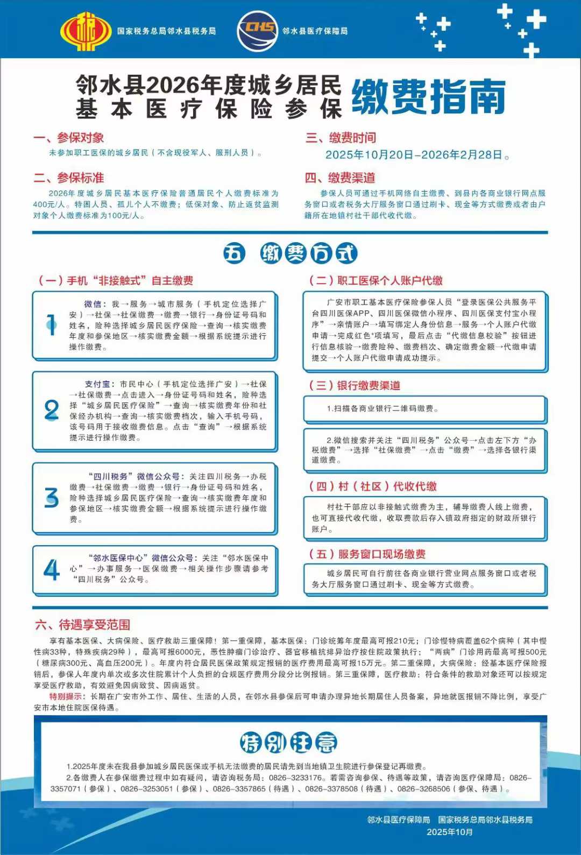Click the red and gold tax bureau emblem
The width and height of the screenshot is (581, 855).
[86, 31]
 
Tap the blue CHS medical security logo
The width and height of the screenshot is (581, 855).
[257, 31]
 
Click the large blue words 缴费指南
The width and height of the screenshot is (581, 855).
[429, 97]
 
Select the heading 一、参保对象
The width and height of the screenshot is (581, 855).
[68, 138]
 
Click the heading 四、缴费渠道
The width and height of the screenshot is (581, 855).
[341, 178]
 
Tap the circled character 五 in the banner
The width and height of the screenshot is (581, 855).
[233, 253]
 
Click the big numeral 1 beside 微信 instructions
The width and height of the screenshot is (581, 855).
[52, 325]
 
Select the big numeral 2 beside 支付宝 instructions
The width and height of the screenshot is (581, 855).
[52, 411]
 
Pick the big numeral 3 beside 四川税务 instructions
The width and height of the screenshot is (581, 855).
[52, 498]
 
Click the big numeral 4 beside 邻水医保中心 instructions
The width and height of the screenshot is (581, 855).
[52, 570]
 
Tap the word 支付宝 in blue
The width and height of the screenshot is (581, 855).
[97, 384]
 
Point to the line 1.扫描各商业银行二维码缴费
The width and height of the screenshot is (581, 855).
[382, 408]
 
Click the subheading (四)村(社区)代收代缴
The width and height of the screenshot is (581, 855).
[372, 486]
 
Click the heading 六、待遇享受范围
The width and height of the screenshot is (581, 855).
[82, 625]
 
